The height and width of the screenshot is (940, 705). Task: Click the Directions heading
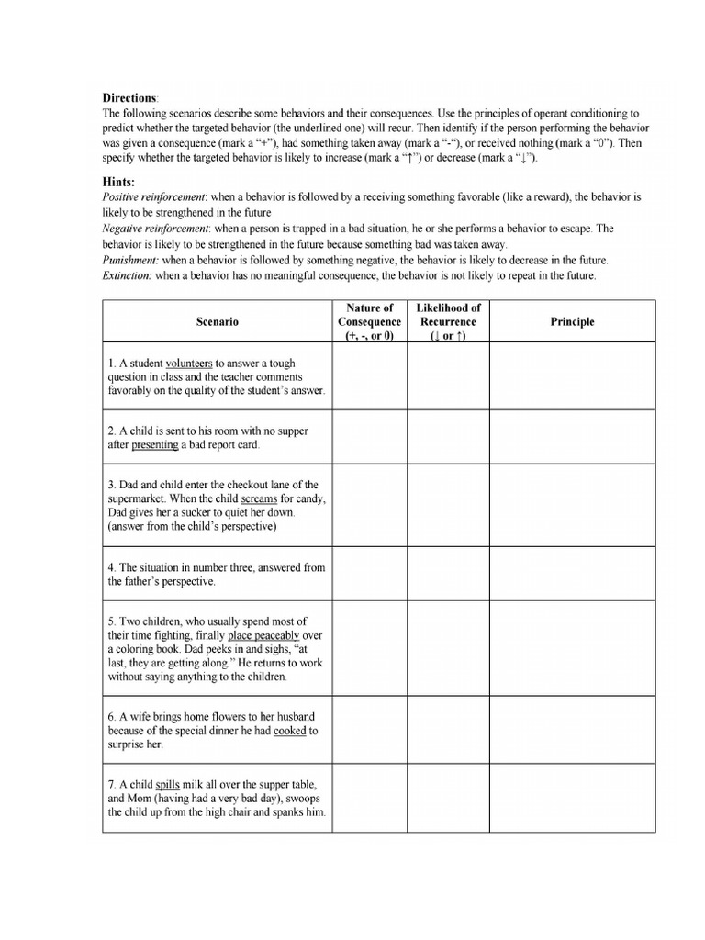[130, 96]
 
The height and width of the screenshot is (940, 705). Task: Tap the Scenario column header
[217, 321]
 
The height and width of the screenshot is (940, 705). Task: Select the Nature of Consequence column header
[369, 321]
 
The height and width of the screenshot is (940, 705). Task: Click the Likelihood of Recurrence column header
[448, 321]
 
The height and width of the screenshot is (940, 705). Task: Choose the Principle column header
[573, 321]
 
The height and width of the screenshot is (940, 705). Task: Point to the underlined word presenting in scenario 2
[154, 445]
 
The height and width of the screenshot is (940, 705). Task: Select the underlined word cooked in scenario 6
[289, 731]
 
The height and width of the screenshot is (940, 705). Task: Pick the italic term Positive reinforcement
[145, 198]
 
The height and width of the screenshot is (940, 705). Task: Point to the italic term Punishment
[129, 260]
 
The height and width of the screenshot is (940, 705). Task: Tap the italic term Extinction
[128, 274]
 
